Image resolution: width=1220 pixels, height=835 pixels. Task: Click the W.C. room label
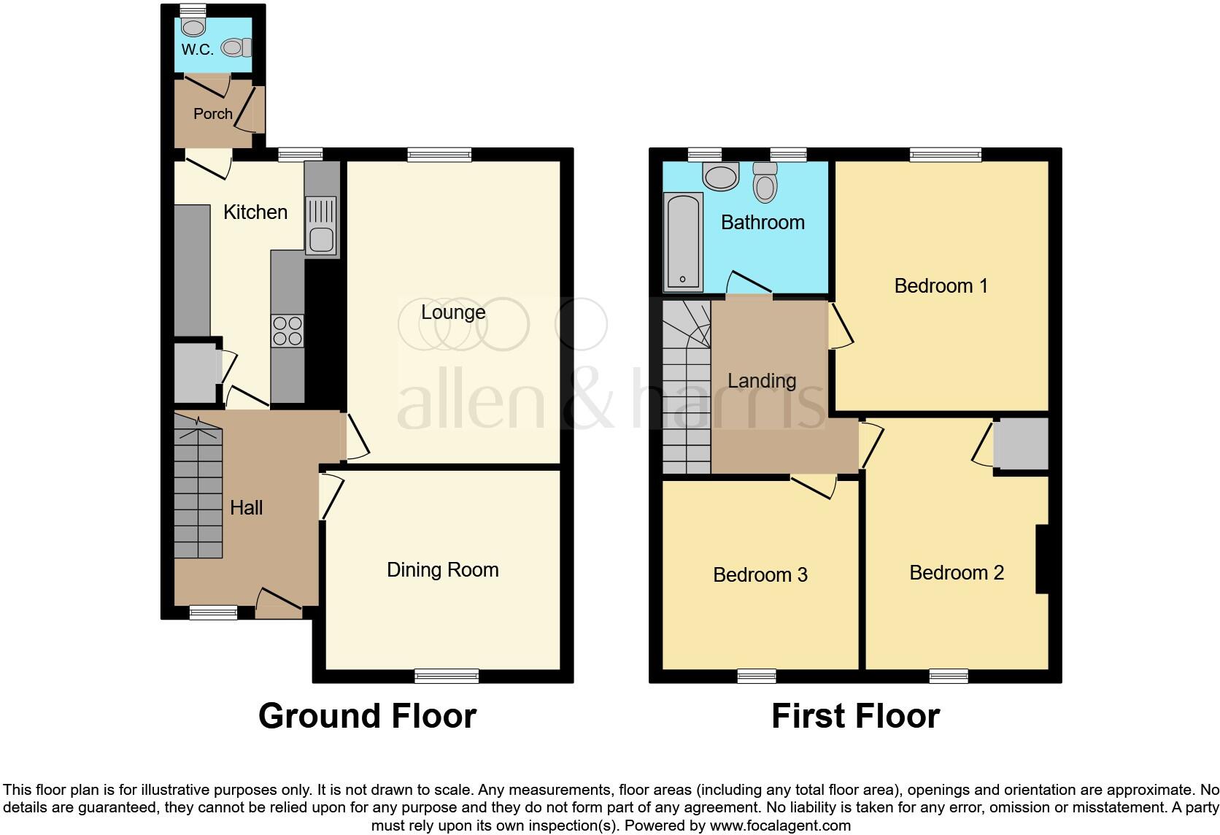[x=197, y=50]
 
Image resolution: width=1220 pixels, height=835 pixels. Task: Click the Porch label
[x=212, y=114]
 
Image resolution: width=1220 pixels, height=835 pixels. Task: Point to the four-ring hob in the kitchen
[x=287, y=331]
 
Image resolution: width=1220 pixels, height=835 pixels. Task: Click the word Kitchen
[x=255, y=212]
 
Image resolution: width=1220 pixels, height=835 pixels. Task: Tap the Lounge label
[x=453, y=312]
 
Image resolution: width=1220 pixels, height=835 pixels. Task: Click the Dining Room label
[x=443, y=570]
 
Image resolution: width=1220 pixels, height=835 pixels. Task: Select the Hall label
[x=246, y=508]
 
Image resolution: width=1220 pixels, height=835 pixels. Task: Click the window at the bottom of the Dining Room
[x=447, y=676]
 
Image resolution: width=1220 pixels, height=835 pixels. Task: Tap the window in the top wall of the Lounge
[x=439, y=155]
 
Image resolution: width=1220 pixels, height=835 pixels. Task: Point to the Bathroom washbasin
[x=721, y=176]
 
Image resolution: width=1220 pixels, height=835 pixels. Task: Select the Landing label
[x=762, y=381]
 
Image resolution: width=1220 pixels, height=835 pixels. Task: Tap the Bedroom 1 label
[x=941, y=286]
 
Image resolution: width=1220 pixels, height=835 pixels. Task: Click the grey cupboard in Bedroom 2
[x=1022, y=444]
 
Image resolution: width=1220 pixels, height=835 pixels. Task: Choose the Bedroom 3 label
[x=760, y=575]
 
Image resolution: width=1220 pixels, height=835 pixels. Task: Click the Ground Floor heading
[x=367, y=716]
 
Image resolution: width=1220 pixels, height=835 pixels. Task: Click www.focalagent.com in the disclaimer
[x=779, y=826]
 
